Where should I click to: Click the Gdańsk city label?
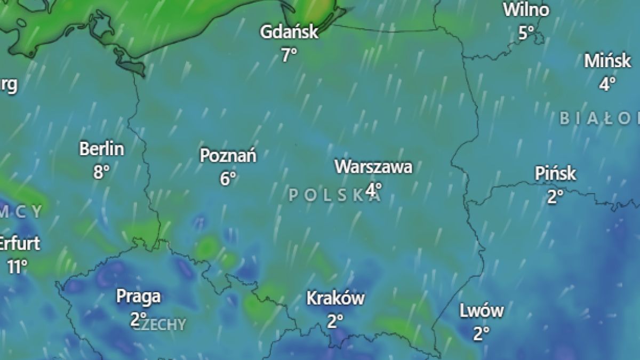[x=289, y=33]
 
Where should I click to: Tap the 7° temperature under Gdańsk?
[x=289, y=54]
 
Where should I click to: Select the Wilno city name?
[x=526, y=10]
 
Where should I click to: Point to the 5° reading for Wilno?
[x=526, y=33]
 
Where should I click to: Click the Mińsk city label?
[x=607, y=61]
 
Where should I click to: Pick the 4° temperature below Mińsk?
[x=607, y=84]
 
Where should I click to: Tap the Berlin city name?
[x=101, y=149]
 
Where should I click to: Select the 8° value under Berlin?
[x=101, y=172]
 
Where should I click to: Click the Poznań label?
[x=228, y=156]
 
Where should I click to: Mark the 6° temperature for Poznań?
[x=228, y=179]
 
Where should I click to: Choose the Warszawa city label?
[x=373, y=167]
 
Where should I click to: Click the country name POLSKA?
[x=335, y=196]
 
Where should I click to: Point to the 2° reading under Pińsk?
[x=555, y=197]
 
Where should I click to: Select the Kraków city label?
[x=335, y=299]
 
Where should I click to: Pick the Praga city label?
[x=138, y=297]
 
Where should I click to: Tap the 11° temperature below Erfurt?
[x=17, y=266]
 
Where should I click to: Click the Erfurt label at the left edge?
[x=19, y=244]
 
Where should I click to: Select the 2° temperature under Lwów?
[x=481, y=334]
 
